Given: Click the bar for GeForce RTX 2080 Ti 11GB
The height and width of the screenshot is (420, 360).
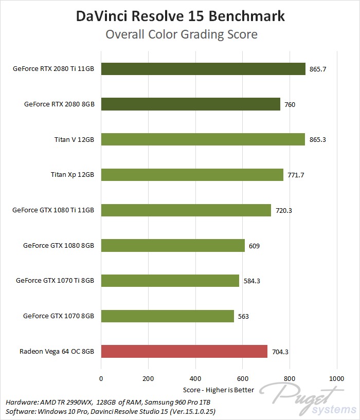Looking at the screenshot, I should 203,69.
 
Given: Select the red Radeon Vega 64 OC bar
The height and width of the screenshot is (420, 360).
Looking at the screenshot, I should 184,351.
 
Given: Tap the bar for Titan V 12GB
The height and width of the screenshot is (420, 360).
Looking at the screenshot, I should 203,139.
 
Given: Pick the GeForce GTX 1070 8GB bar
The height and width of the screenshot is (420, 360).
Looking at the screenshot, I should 168,316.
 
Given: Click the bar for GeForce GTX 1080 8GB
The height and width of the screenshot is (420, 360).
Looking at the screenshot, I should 173,246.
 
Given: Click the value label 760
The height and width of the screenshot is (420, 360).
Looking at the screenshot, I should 290,104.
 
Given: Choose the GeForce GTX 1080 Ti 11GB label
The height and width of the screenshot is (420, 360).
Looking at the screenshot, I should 53,210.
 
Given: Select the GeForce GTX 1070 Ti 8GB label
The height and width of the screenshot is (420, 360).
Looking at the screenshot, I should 55,281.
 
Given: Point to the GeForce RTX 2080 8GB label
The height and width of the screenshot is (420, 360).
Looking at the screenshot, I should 59,104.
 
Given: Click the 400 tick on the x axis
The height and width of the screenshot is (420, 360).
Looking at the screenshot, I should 195,379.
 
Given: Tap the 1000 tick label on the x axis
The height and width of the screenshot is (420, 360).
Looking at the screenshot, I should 337,379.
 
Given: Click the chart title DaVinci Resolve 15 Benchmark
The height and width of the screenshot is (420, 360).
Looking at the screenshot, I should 180,16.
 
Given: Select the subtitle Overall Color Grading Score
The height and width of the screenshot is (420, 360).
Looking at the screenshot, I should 181,35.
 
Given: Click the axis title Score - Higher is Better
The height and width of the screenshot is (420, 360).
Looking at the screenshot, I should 219,390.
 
